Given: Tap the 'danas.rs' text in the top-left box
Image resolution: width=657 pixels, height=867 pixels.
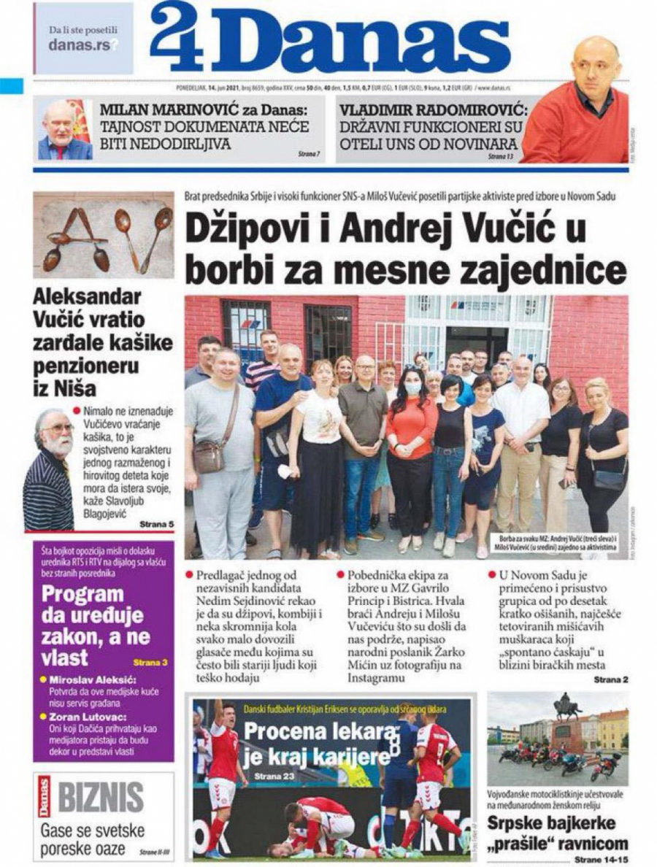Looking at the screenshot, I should (x=79, y=45).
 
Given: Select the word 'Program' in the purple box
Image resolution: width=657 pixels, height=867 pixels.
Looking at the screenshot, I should (x=82, y=593).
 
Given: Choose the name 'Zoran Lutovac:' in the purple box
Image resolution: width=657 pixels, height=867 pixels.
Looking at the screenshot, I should (x=82, y=717).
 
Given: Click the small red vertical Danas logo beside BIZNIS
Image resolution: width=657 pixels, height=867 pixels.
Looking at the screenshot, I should (x=43, y=797).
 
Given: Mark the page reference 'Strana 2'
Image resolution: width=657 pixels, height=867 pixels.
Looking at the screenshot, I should (x=610, y=680).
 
